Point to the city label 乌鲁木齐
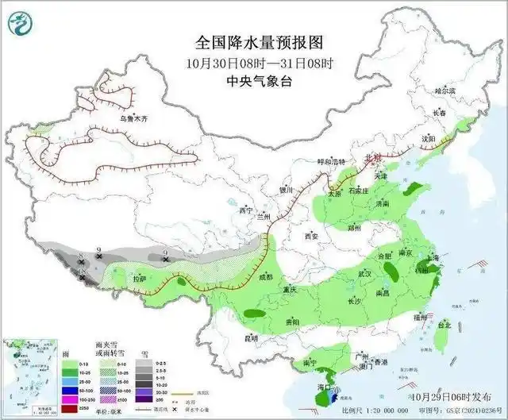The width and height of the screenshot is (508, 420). [x=134, y=118]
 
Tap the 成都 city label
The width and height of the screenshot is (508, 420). [x=264, y=276]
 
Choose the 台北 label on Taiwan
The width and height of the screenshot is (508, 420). [x=444, y=324]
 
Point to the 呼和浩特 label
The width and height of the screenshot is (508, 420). [x=333, y=161]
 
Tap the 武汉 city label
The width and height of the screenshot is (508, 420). [x=365, y=273]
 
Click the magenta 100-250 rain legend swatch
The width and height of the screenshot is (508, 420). [x=49, y=399]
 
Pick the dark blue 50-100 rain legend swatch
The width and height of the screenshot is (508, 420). [x=49, y=390]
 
